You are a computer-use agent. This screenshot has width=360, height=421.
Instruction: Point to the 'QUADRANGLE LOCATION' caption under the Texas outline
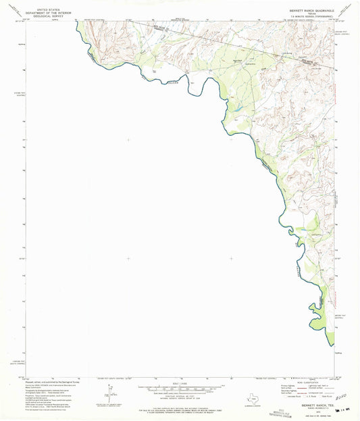(x=254, y=405)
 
